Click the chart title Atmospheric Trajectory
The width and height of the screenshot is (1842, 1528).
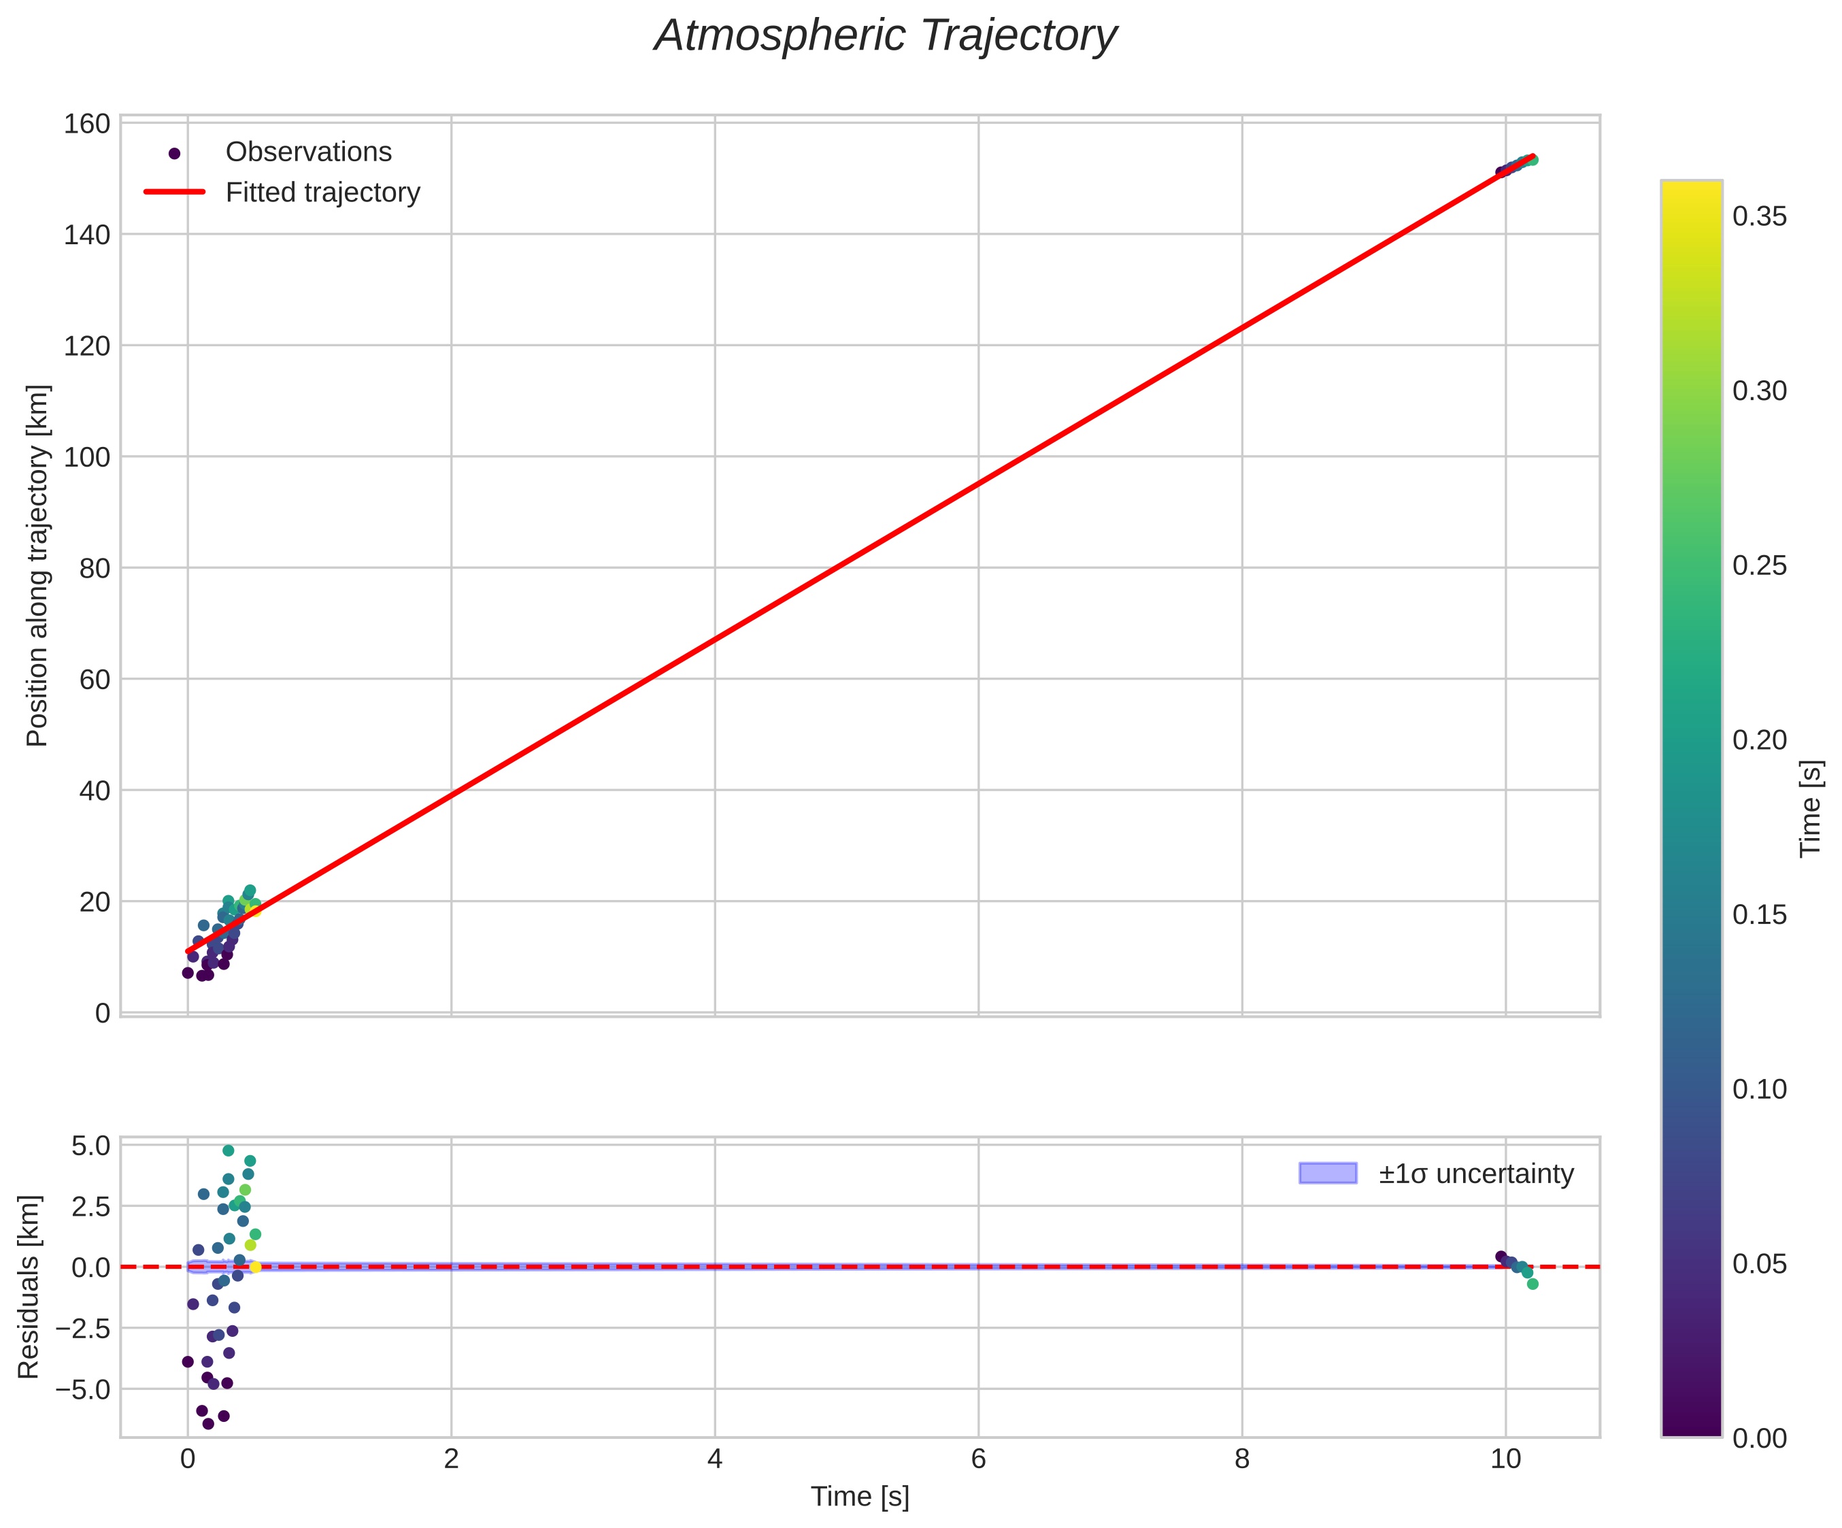885,37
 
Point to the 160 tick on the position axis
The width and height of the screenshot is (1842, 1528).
87,124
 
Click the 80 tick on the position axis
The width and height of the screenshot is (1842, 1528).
95,568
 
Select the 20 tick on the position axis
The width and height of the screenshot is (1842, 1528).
95,901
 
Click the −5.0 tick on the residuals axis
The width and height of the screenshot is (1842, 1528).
84,1389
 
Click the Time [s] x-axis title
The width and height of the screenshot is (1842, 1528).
860,1497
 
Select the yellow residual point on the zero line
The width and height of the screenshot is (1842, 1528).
255,1267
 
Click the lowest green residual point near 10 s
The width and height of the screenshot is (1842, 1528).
1533,1284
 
